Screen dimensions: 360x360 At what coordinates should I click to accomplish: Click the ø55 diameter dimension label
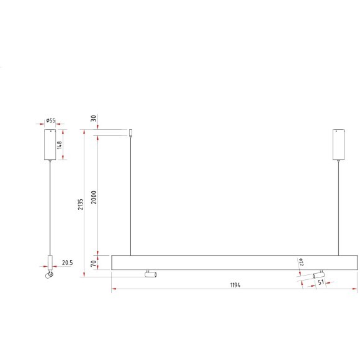pyautogui.click(x=50, y=120)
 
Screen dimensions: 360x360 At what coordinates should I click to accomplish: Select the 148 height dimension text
pyautogui.click(x=59, y=145)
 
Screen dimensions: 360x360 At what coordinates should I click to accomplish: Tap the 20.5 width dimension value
pyautogui.click(x=67, y=263)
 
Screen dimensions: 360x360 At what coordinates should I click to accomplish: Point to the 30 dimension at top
pyautogui.click(x=94, y=119)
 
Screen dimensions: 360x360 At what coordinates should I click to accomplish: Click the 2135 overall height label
pyautogui.click(x=80, y=204)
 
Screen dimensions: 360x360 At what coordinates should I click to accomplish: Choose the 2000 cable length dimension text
pyautogui.click(x=94, y=197)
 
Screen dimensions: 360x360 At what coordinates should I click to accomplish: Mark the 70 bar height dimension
pyautogui.click(x=94, y=263)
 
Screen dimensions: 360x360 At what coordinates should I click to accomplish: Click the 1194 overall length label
pyautogui.click(x=235, y=285)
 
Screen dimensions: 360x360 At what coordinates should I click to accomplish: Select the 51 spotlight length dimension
pyautogui.click(x=321, y=282)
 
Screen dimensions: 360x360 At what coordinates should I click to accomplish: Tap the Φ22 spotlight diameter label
pyautogui.click(x=301, y=262)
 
